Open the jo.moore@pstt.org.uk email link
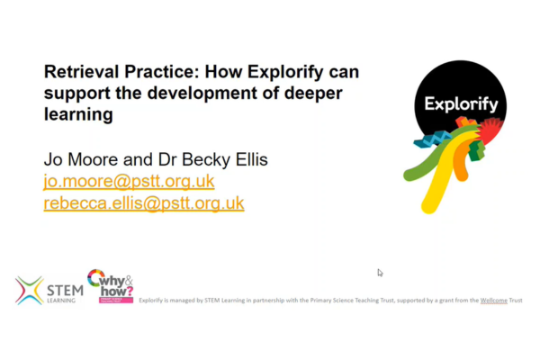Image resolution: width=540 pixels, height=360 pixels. coord(129,181)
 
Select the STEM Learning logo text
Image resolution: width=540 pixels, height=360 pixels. coord(62,291)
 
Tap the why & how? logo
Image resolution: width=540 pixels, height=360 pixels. coord(110,286)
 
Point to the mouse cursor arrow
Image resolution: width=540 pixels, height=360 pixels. coord(380,273)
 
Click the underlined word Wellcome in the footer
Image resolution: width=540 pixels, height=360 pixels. coord(493,300)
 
